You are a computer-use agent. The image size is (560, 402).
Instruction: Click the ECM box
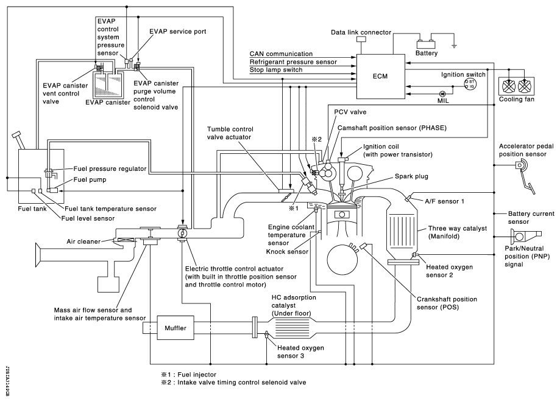tap(381, 76)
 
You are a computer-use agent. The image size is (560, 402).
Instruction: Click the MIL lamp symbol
tap(442, 93)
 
